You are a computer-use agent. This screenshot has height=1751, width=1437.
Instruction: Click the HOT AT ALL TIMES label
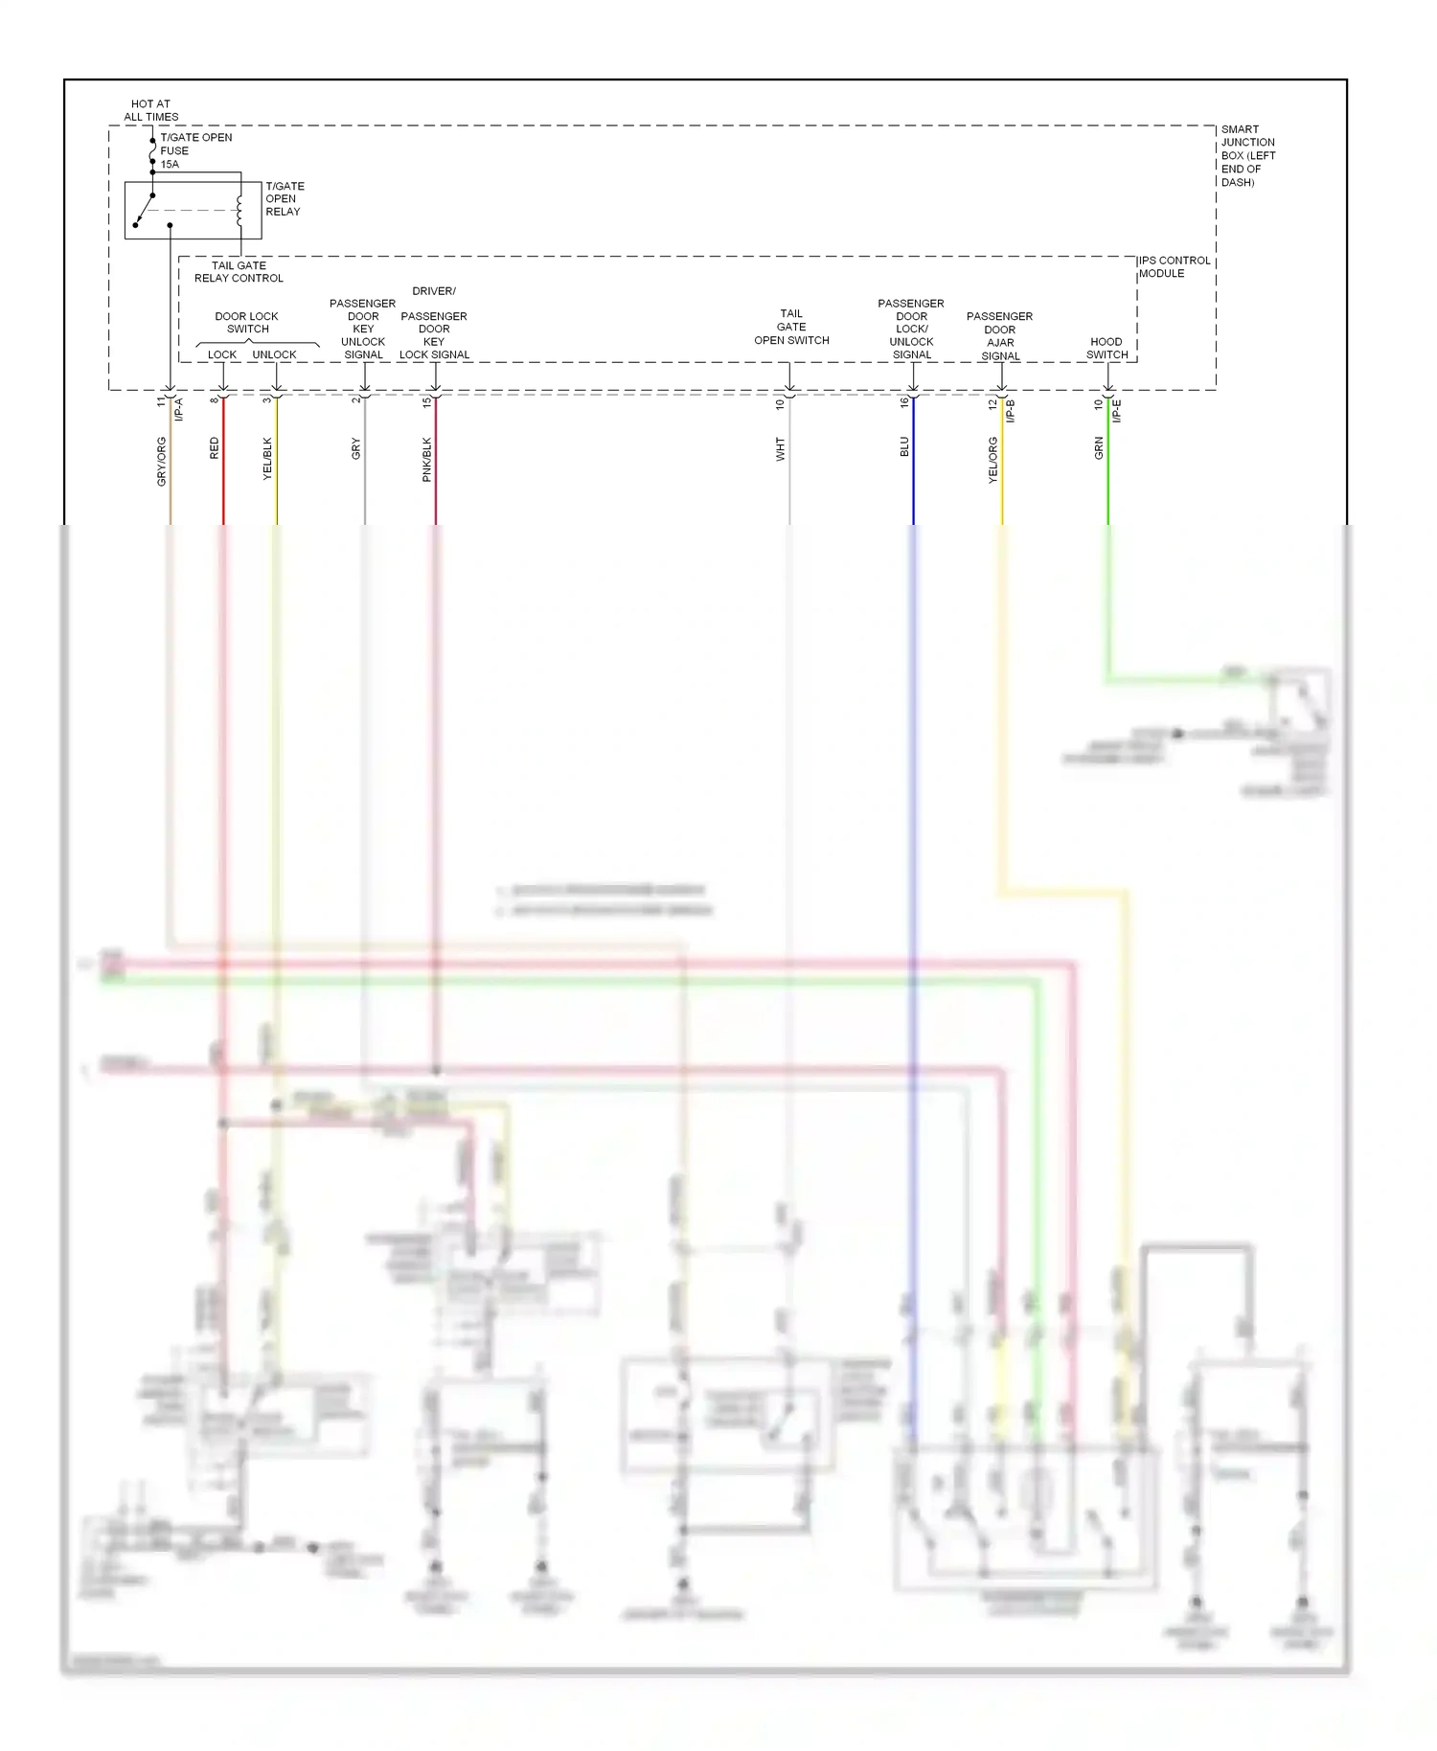[150, 110]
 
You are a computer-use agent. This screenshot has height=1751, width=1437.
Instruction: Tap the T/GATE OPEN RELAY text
[285, 198]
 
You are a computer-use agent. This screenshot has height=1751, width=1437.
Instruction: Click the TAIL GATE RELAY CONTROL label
[239, 272]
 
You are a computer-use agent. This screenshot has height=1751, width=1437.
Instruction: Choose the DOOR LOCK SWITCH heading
[247, 322]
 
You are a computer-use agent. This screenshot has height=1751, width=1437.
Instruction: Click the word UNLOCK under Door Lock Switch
[274, 354]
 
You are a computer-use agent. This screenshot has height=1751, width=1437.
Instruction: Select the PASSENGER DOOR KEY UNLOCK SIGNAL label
[363, 329]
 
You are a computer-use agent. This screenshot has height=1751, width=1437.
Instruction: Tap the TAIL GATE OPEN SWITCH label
[791, 327]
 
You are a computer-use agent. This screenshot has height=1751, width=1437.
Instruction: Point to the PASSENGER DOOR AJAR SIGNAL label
[999, 335]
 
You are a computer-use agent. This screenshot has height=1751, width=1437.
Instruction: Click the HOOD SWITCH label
[1106, 348]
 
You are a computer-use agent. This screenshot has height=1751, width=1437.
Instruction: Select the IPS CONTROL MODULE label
[1174, 266]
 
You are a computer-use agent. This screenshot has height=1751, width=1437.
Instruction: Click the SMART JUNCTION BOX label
[1247, 155]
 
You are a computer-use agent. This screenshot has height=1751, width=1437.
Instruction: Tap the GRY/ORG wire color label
[162, 461]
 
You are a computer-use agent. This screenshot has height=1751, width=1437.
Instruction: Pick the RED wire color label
[215, 448]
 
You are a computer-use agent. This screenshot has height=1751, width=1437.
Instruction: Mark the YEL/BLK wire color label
[268, 458]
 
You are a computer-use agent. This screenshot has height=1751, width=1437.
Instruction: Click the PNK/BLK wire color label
[427, 459]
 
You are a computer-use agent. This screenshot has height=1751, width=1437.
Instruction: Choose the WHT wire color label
[781, 449]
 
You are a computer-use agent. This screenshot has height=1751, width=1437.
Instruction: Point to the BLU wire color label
[904, 446]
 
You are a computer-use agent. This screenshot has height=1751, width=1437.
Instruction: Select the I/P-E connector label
[1117, 411]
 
